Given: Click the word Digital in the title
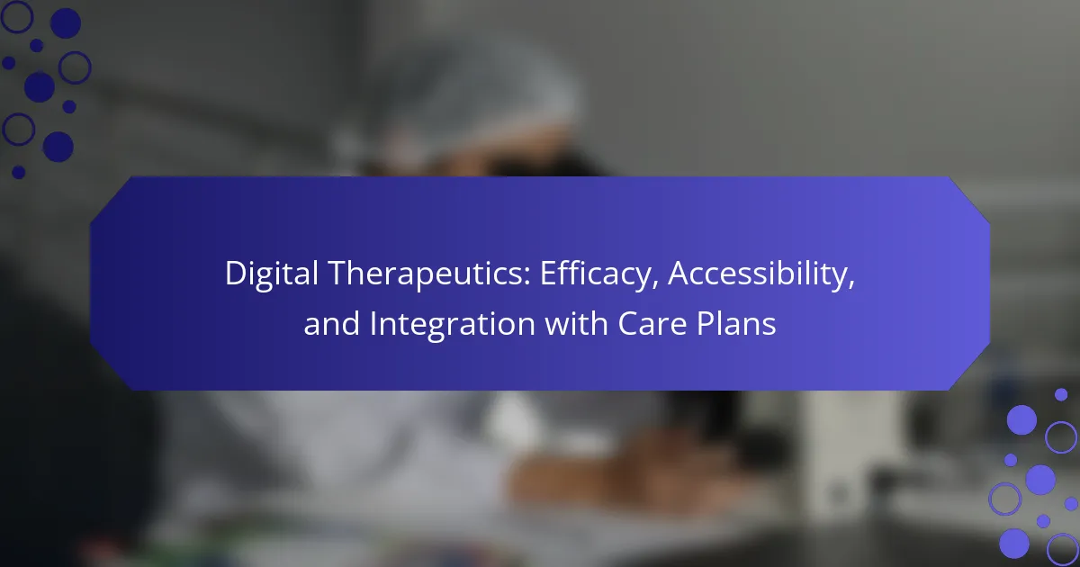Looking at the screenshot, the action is [x=272, y=274].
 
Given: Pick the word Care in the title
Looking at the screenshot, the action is [x=652, y=324].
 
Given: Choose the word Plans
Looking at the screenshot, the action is [x=736, y=324].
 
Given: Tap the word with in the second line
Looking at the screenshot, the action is [x=576, y=323].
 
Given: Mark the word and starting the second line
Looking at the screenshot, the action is [x=332, y=323].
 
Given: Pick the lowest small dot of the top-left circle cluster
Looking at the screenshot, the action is [x=18, y=172].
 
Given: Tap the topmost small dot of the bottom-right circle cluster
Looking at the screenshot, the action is [x=1061, y=395].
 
